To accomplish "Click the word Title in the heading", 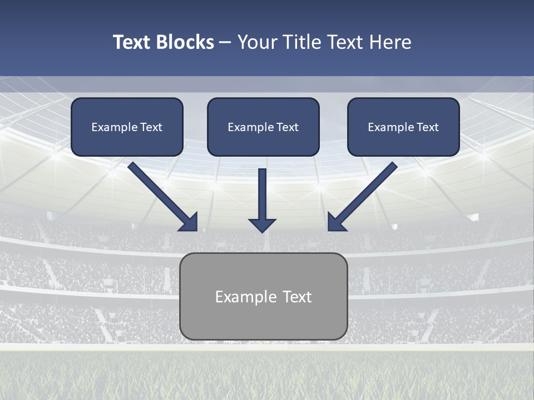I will pos(299,42).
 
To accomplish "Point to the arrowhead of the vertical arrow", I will pos(262,225).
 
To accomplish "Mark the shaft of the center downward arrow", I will pos(262,192).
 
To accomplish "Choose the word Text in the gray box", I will pos(296,297).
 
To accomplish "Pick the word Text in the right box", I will pos(427,127).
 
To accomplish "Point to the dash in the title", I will pos(225,43).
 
